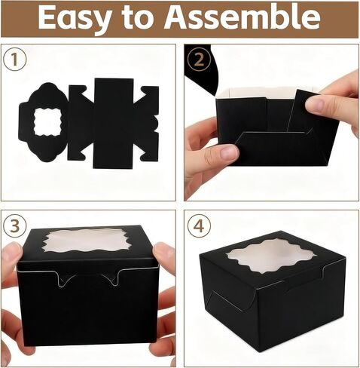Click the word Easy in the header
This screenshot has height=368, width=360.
[75, 18]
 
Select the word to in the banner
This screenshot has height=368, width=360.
[138, 17]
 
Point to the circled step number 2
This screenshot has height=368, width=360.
[199, 60]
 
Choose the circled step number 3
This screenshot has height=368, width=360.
[15, 225]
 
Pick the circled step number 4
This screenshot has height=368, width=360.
[199, 225]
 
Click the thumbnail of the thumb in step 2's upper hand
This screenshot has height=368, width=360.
[317, 103]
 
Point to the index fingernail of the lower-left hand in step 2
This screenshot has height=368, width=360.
[229, 152]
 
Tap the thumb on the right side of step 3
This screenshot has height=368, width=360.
[163, 254]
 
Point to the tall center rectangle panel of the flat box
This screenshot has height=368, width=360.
[114, 123]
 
